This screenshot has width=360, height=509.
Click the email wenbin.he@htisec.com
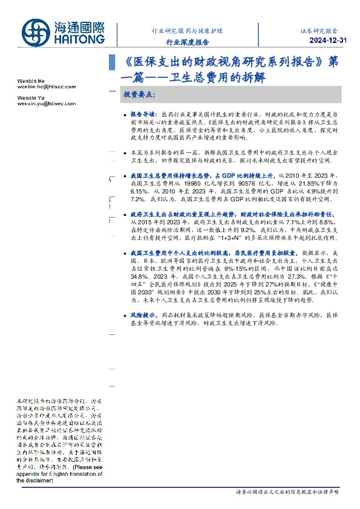point(46,86)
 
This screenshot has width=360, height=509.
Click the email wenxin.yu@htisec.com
point(46,103)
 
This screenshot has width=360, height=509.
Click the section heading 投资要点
point(140,95)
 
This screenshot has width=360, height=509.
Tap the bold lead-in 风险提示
point(143,316)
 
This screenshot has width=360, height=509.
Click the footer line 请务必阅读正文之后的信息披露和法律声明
point(287,493)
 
